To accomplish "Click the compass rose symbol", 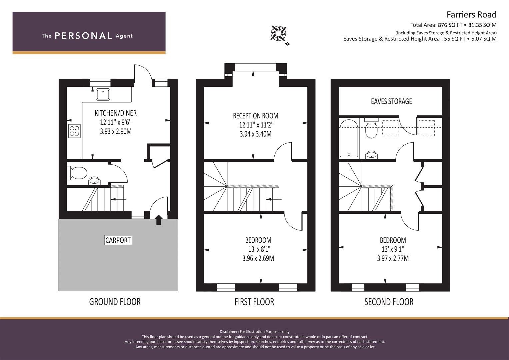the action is (278, 34).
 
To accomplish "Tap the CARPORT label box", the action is (118, 240).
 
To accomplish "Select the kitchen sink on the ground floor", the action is (103, 94).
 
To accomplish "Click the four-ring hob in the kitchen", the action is (74, 131).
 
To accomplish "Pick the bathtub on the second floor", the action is (349, 139).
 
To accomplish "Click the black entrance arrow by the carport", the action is (158, 220).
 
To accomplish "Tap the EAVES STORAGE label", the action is (391, 101).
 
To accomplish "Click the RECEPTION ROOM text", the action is (255, 116).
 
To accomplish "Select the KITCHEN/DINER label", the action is (116, 113).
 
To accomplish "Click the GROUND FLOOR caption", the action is (115, 302).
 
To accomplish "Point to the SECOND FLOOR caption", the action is (389, 302).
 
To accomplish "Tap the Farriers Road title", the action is (472, 15).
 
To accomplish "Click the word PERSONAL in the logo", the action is (83, 36).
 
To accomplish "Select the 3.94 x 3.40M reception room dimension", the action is (255, 134).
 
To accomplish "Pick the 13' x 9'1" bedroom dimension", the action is (393, 249).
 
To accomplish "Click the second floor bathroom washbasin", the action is (371, 155).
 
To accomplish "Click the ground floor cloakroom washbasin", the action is (94, 181).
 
